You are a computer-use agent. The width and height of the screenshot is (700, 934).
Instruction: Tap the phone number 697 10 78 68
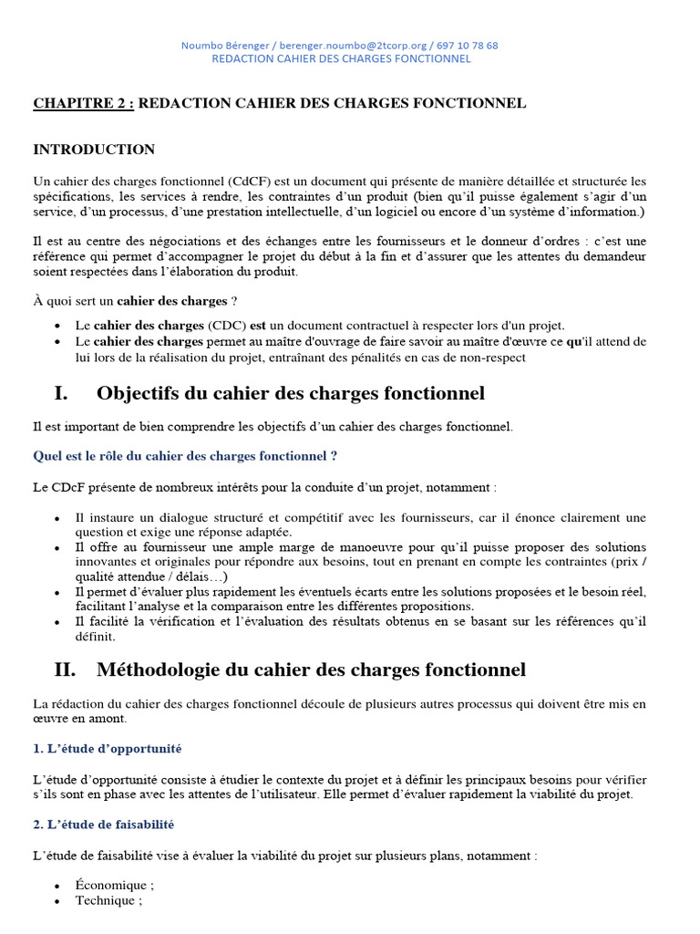pyautogui.click(x=468, y=45)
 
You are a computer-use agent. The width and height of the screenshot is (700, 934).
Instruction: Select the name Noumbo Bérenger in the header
pyautogui.click(x=221, y=45)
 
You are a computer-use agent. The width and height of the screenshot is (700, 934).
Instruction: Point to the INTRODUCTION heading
pyautogui.click(x=94, y=150)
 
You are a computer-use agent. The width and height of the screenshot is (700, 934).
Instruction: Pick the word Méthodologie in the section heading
pyautogui.click(x=160, y=670)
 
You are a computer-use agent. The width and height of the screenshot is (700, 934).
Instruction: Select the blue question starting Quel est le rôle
pyautogui.click(x=186, y=455)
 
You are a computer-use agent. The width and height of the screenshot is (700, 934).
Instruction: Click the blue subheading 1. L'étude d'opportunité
pyautogui.click(x=108, y=749)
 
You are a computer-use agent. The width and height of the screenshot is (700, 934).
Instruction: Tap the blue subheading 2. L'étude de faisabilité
pyautogui.click(x=104, y=824)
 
